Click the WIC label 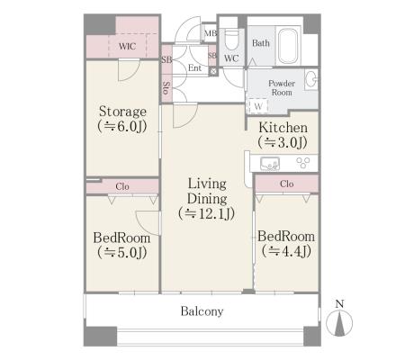coord(127,46)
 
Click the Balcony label coord(202,311)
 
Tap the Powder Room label coord(282,87)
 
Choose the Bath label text coord(261,43)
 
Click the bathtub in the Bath coord(288,45)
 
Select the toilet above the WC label coord(231,40)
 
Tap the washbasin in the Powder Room coord(311,79)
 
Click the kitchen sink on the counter coord(270,164)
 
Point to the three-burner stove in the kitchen coord(303,163)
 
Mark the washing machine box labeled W coord(257,106)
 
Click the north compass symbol coord(339,322)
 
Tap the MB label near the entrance coord(211,32)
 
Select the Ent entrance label coord(194,68)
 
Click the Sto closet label coord(166,88)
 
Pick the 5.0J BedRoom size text coord(122,252)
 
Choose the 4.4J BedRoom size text coord(286,251)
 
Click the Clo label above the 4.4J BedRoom coord(286,184)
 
